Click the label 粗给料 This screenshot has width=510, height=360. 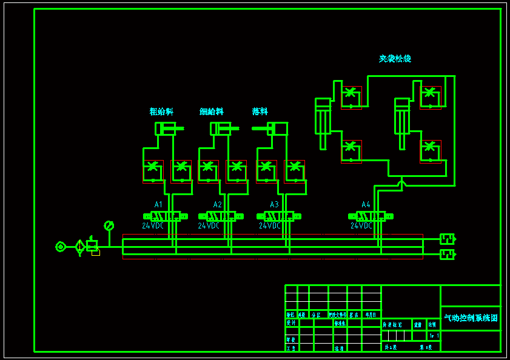pos(161,112)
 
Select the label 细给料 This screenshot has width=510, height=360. pos(212,112)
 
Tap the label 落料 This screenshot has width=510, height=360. pos(260,112)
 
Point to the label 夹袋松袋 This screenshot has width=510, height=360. pos(395,59)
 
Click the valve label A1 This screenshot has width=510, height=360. pos(159,205)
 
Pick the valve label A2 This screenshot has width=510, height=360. pos(218,205)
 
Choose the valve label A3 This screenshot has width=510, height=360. pos(275,205)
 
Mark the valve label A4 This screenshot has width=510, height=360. pos(366,205)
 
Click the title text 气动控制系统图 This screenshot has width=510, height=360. pos(471,318)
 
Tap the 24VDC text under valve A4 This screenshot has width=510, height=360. pos(361,226)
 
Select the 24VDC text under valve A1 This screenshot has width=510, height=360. pos(153,226)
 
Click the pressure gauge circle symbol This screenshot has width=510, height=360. pos(109,225)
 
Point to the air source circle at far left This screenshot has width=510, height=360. pos(60,247)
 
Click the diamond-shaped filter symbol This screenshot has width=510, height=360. pos(79,247)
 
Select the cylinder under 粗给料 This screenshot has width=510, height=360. pos(166,128)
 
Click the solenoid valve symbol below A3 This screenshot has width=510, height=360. pos(279,216)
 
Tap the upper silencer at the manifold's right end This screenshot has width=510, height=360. pos(447,239)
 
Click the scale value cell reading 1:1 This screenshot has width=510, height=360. pos(434,335)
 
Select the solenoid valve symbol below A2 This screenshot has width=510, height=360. pos(221,216)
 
